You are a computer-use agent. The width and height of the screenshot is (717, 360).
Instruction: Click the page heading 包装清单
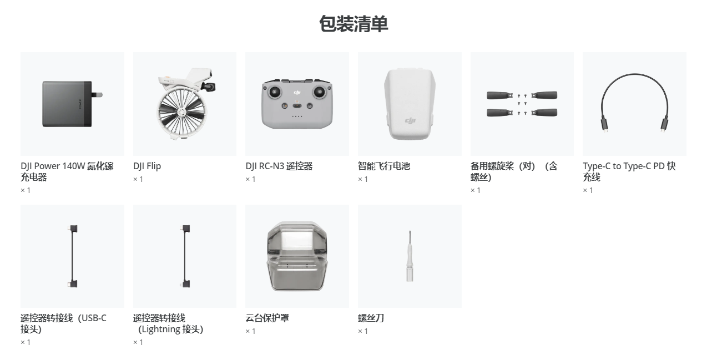click(354, 24)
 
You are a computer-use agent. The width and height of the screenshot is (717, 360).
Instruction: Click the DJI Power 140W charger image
click(72, 104)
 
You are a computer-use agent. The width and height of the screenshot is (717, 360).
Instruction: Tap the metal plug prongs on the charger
click(97, 95)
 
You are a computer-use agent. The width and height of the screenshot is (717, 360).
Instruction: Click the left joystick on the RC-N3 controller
click(275, 92)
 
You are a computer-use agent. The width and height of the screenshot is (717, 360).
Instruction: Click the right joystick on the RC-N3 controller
click(319, 92)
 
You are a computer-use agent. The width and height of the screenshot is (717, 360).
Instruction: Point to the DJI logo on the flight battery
click(410, 120)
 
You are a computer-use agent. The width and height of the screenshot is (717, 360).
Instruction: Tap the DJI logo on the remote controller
click(297, 93)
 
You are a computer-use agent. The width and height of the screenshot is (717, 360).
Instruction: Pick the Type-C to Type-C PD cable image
click(634, 103)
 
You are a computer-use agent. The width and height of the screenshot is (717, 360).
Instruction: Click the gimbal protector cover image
click(297, 256)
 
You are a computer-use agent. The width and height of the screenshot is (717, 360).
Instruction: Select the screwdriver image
click(410, 256)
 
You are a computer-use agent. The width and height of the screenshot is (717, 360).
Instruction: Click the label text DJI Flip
click(147, 166)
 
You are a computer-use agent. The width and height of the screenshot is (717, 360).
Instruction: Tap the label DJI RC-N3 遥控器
click(279, 166)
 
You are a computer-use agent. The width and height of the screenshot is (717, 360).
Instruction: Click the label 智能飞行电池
click(384, 166)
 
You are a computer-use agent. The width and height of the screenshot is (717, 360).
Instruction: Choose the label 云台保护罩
click(267, 318)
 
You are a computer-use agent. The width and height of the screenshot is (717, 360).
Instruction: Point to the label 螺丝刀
click(371, 318)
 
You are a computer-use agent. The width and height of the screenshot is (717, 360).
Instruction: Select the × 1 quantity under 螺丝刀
click(362, 331)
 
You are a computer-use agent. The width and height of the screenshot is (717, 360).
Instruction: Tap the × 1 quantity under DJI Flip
click(138, 179)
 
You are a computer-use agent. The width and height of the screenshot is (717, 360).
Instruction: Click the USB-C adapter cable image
click(72, 256)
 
